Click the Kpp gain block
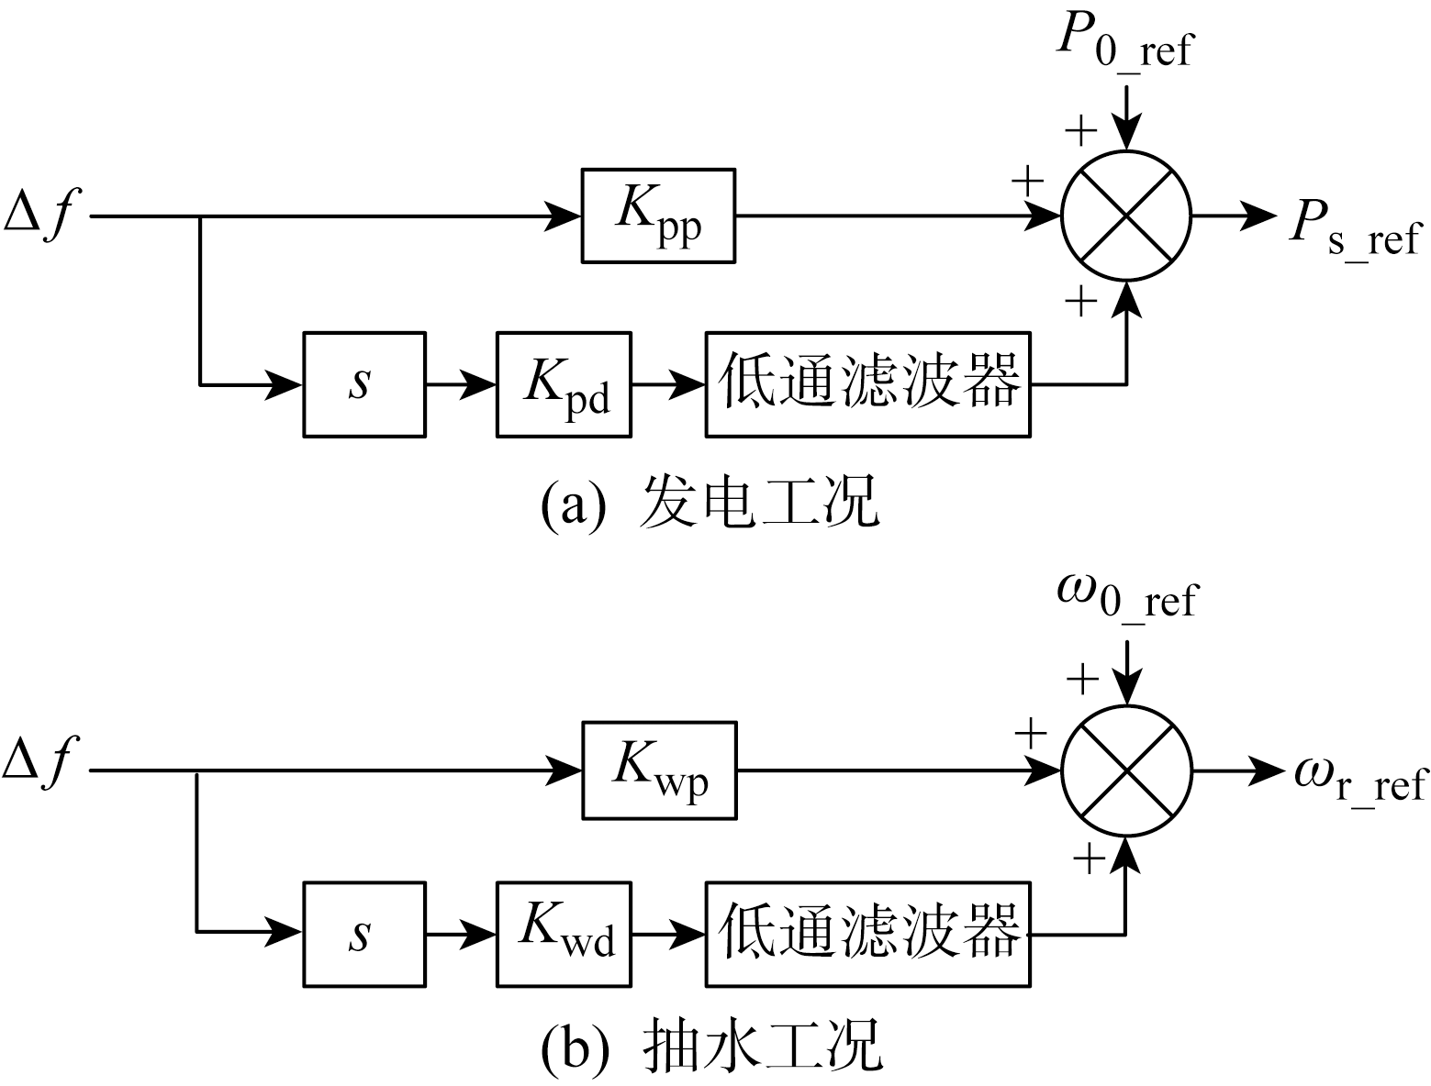coord(658,216)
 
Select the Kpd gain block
coord(565,383)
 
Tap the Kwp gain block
coord(659,770)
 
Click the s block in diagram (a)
coord(363,383)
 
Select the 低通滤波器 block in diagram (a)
coord(867,383)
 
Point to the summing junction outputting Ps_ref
coord(1125,216)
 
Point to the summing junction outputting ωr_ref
coord(1126,770)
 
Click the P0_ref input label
coord(1124,41)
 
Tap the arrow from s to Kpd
coord(461,384)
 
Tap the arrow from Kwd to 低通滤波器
coord(668,935)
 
